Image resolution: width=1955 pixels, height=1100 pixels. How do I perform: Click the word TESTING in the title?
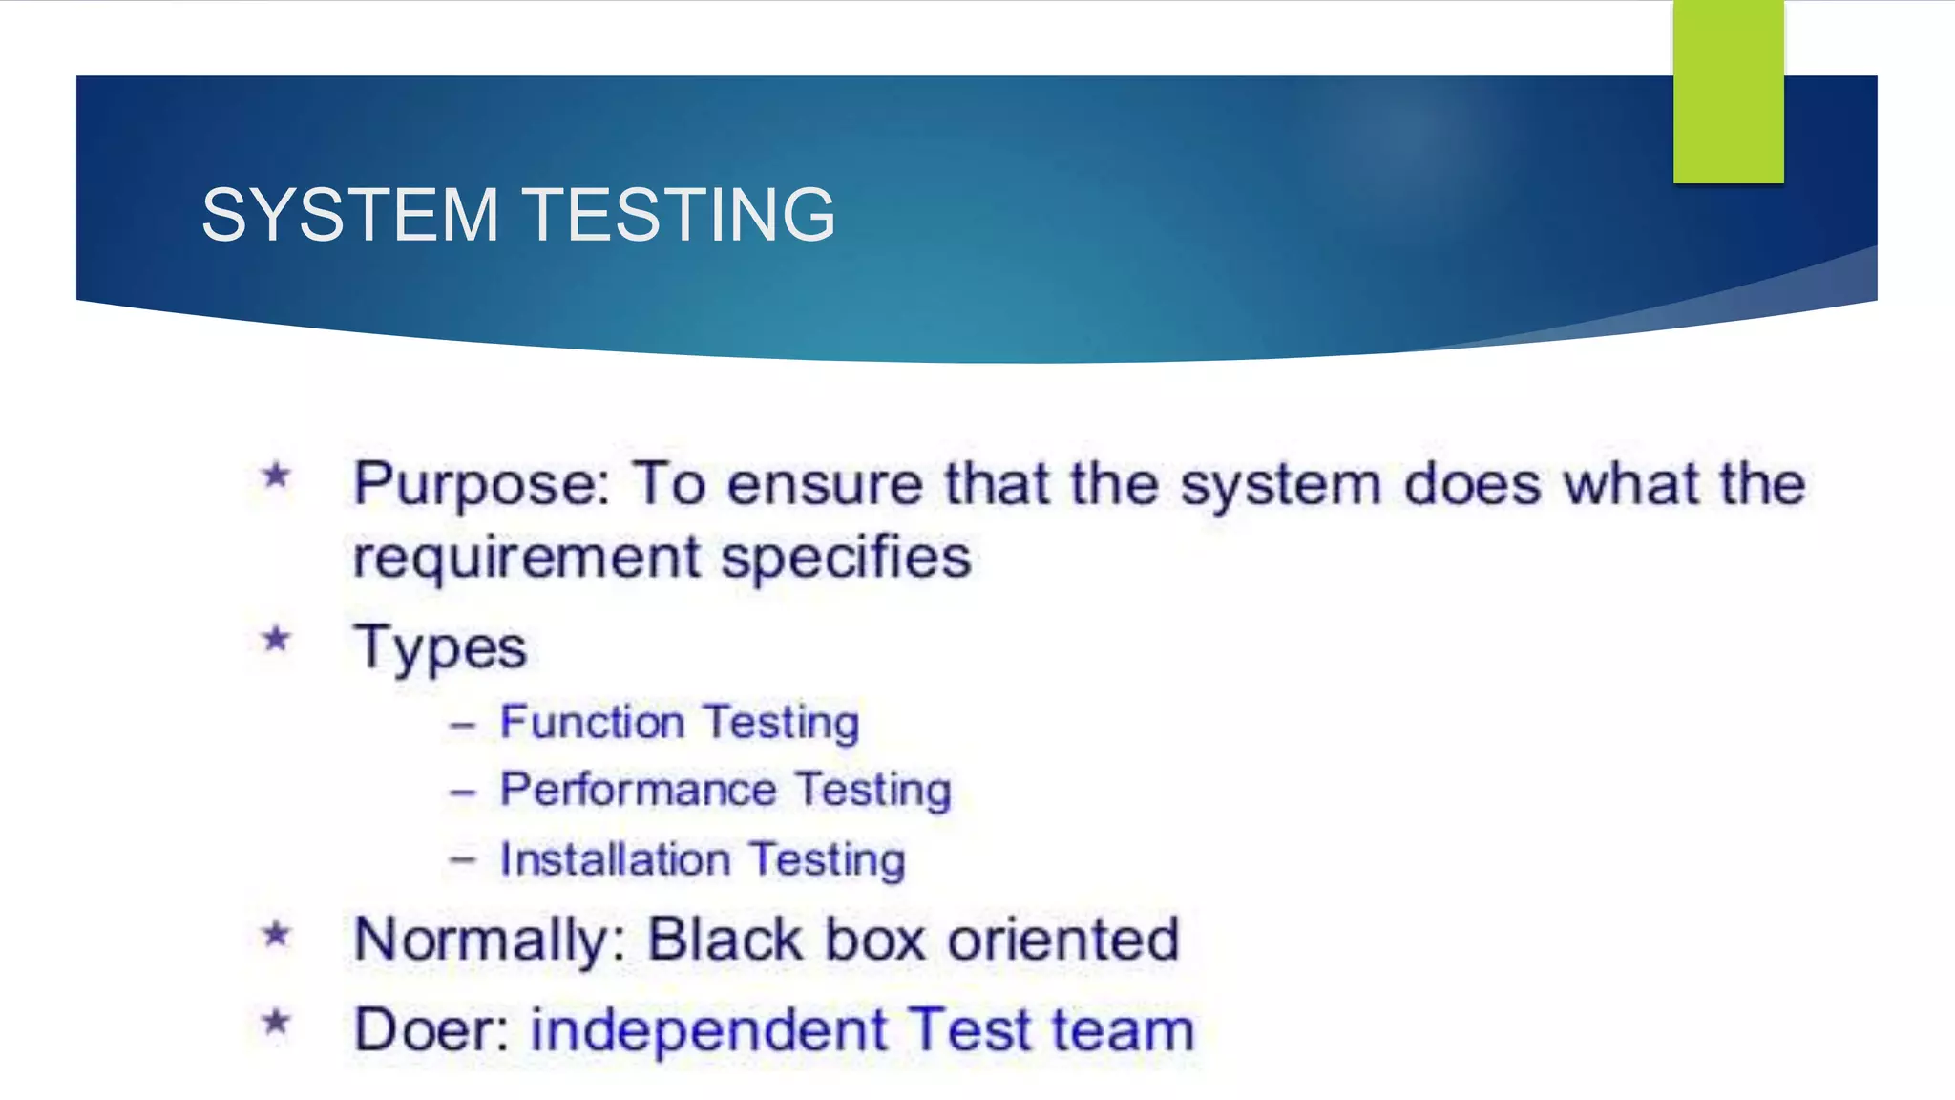(x=680, y=215)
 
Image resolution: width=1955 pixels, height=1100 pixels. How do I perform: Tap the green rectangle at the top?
(x=1728, y=91)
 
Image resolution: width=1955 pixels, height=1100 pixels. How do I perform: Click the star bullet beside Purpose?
(x=276, y=475)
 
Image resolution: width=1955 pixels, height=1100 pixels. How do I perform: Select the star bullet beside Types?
(x=276, y=638)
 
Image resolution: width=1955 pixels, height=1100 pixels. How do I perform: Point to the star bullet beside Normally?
(x=276, y=933)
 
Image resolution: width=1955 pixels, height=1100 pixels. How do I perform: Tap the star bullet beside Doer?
(x=276, y=1023)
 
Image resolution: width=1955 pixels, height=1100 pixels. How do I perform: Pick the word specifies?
(x=846, y=558)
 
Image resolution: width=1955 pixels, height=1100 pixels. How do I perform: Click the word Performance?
(x=639, y=791)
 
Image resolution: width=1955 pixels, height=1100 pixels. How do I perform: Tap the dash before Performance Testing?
(x=463, y=793)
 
